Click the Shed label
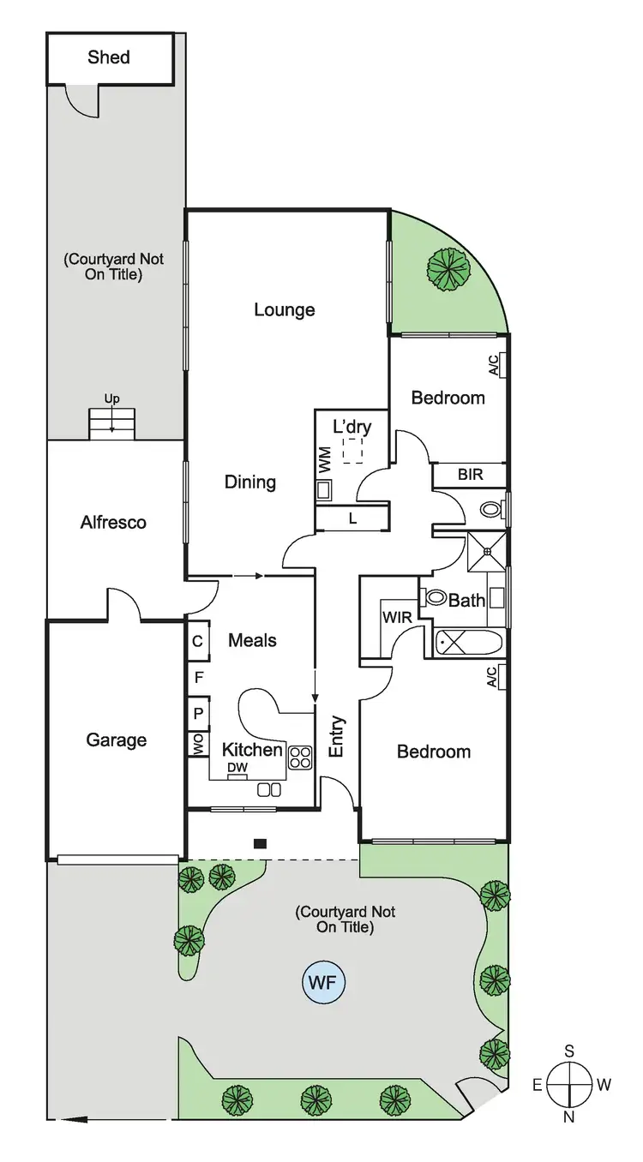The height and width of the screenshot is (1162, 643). pyautogui.click(x=109, y=57)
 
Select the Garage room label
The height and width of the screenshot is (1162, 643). pyautogui.click(x=116, y=740)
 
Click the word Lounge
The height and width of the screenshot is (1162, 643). pyautogui.click(x=285, y=309)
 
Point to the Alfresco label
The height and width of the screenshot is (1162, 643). pyautogui.click(x=113, y=522)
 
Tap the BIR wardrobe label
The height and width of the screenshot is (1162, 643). pyautogui.click(x=469, y=473)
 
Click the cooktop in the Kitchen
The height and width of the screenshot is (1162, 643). pyautogui.click(x=300, y=756)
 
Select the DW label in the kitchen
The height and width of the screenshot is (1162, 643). pyautogui.click(x=237, y=768)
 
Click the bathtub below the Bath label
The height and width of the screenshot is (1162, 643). pyautogui.click(x=469, y=641)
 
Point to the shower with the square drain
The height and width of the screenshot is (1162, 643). pyautogui.click(x=486, y=551)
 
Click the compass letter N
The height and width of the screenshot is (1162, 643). pyautogui.click(x=569, y=1117)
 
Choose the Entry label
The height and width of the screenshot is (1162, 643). pyautogui.click(x=337, y=735)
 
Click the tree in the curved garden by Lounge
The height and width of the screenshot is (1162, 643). pyautogui.click(x=449, y=267)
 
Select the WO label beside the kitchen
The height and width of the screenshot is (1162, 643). pyautogui.click(x=198, y=743)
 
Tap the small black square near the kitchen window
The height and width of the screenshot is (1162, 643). pyautogui.click(x=260, y=843)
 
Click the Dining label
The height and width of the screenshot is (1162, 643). pyautogui.click(x=250, y=482)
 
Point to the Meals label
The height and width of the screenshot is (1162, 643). pyautogui.click(x=252, y=640)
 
